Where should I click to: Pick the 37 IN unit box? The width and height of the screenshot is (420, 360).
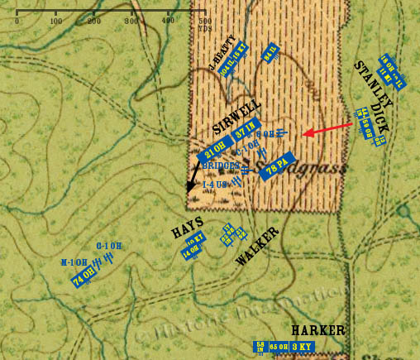pyautogui.click(x=245, y=133)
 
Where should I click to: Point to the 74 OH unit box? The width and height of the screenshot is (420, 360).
pyautogui.click(x=82, y=279)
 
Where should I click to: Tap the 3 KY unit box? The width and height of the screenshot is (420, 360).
pyautogui.click(x=307, y=347)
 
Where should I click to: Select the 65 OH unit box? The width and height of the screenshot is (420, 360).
pyautogui.click(x=278, y=347)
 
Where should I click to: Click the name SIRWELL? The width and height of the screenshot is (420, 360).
pyautogui.click(x=236, y=116)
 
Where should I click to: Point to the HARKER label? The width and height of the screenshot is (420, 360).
pyautogui.click(x=317, y=331)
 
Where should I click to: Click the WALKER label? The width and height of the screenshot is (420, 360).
pyautogui.click(x=257, y=245)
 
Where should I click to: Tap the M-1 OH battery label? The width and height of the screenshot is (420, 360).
pyautogui.click(x=74, y=262)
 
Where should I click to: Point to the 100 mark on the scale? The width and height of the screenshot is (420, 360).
pyautogui.click(x=55, y=21)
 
